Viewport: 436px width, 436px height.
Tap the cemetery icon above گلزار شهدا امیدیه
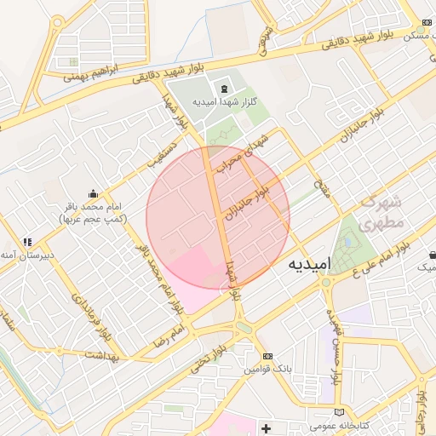tap(225, 89)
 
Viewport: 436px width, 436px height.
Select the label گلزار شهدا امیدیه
tap(226, 103)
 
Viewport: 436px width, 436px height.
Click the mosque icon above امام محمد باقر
tap(93, 193)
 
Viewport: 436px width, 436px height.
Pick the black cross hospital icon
tap(267, 427)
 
